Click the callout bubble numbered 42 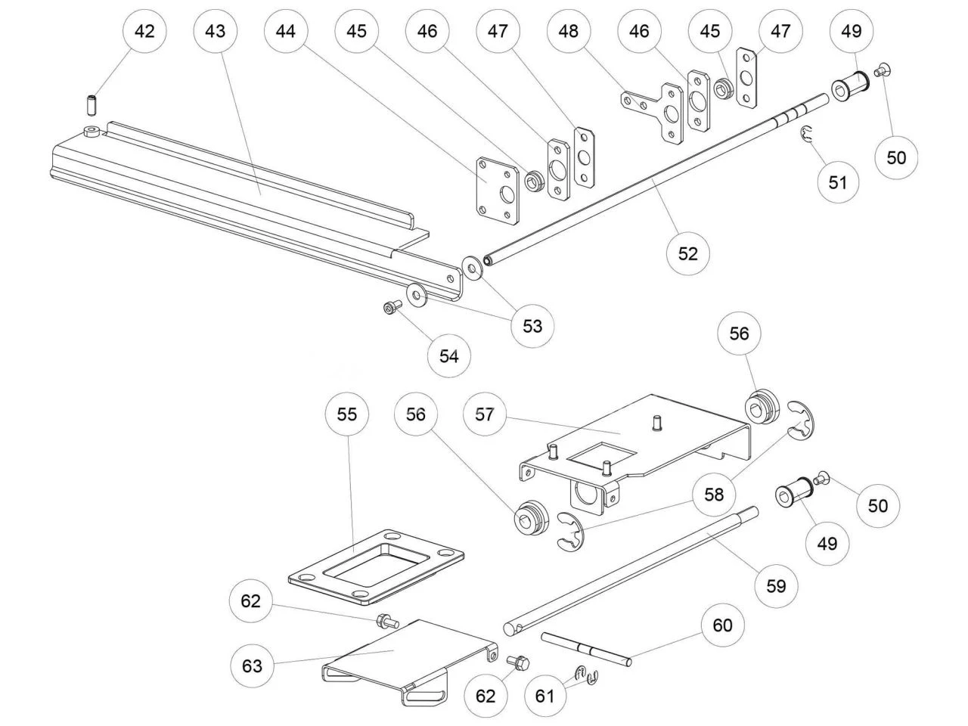coord(144,31)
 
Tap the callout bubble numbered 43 coord(215,31)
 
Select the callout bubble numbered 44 coord(286,31)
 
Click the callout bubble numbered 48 coord(569,31)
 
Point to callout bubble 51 coord(838,182)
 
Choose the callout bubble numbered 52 coord(688,253)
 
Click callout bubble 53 coord(532,326)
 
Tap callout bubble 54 coord(449,355)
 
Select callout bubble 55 coord(347,414)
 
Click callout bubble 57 coord(485,414)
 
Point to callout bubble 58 coord(714,495)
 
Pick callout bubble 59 coord(777,586)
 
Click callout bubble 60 coord(723,625)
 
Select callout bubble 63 coord(252,665)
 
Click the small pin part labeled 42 coord(90,101)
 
